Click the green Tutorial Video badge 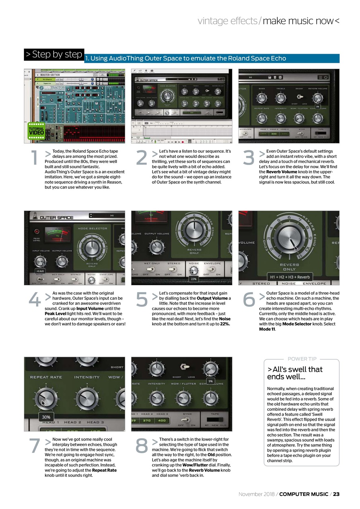point(36,130)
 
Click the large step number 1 point(35,158)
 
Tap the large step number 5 point(142,300)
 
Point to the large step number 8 point(142,446)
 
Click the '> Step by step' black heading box point(54,54)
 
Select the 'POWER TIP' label point(302,359)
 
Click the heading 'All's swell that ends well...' point(295,373)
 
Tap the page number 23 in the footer point(336,494)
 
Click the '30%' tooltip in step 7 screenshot point(46,417)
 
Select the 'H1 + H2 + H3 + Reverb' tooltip point(290,277)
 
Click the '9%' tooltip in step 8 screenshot point(211,381)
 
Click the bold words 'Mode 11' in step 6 point(267,329)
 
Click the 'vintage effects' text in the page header point(227,21)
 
